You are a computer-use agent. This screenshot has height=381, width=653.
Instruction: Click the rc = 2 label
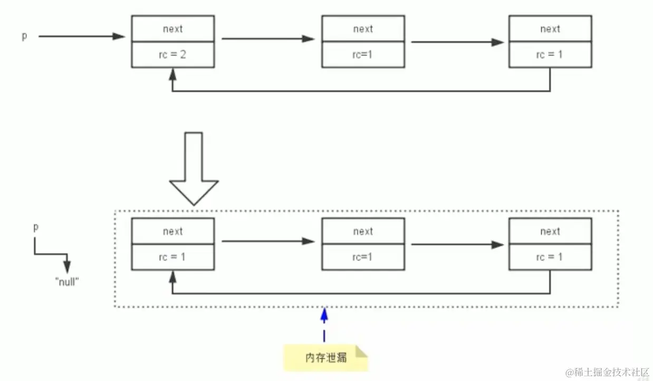[172, 55]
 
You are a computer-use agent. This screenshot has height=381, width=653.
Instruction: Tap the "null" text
[67, 281]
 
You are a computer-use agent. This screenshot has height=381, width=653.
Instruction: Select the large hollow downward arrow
[194, 169]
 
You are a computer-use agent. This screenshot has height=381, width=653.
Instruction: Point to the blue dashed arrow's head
[324, 315]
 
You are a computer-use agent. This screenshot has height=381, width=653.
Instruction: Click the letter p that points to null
[36, 228]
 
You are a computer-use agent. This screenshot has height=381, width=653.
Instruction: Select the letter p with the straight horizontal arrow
[24, 37]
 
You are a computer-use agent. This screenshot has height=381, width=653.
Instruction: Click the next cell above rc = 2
[172, 28]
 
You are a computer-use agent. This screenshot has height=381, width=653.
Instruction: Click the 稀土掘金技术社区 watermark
[606, 372]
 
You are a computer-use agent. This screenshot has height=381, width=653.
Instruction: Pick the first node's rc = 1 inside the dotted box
[172, 258]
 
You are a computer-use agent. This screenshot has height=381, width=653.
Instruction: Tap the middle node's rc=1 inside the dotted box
[363, 258]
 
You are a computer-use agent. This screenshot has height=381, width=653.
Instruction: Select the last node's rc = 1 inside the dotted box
[550, 258]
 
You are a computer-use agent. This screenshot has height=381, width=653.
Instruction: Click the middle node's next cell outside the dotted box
[363, 28]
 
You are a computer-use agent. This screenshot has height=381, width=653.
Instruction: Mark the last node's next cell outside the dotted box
[550, 28]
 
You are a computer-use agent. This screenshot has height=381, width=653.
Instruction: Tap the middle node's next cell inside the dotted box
[363, 231]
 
